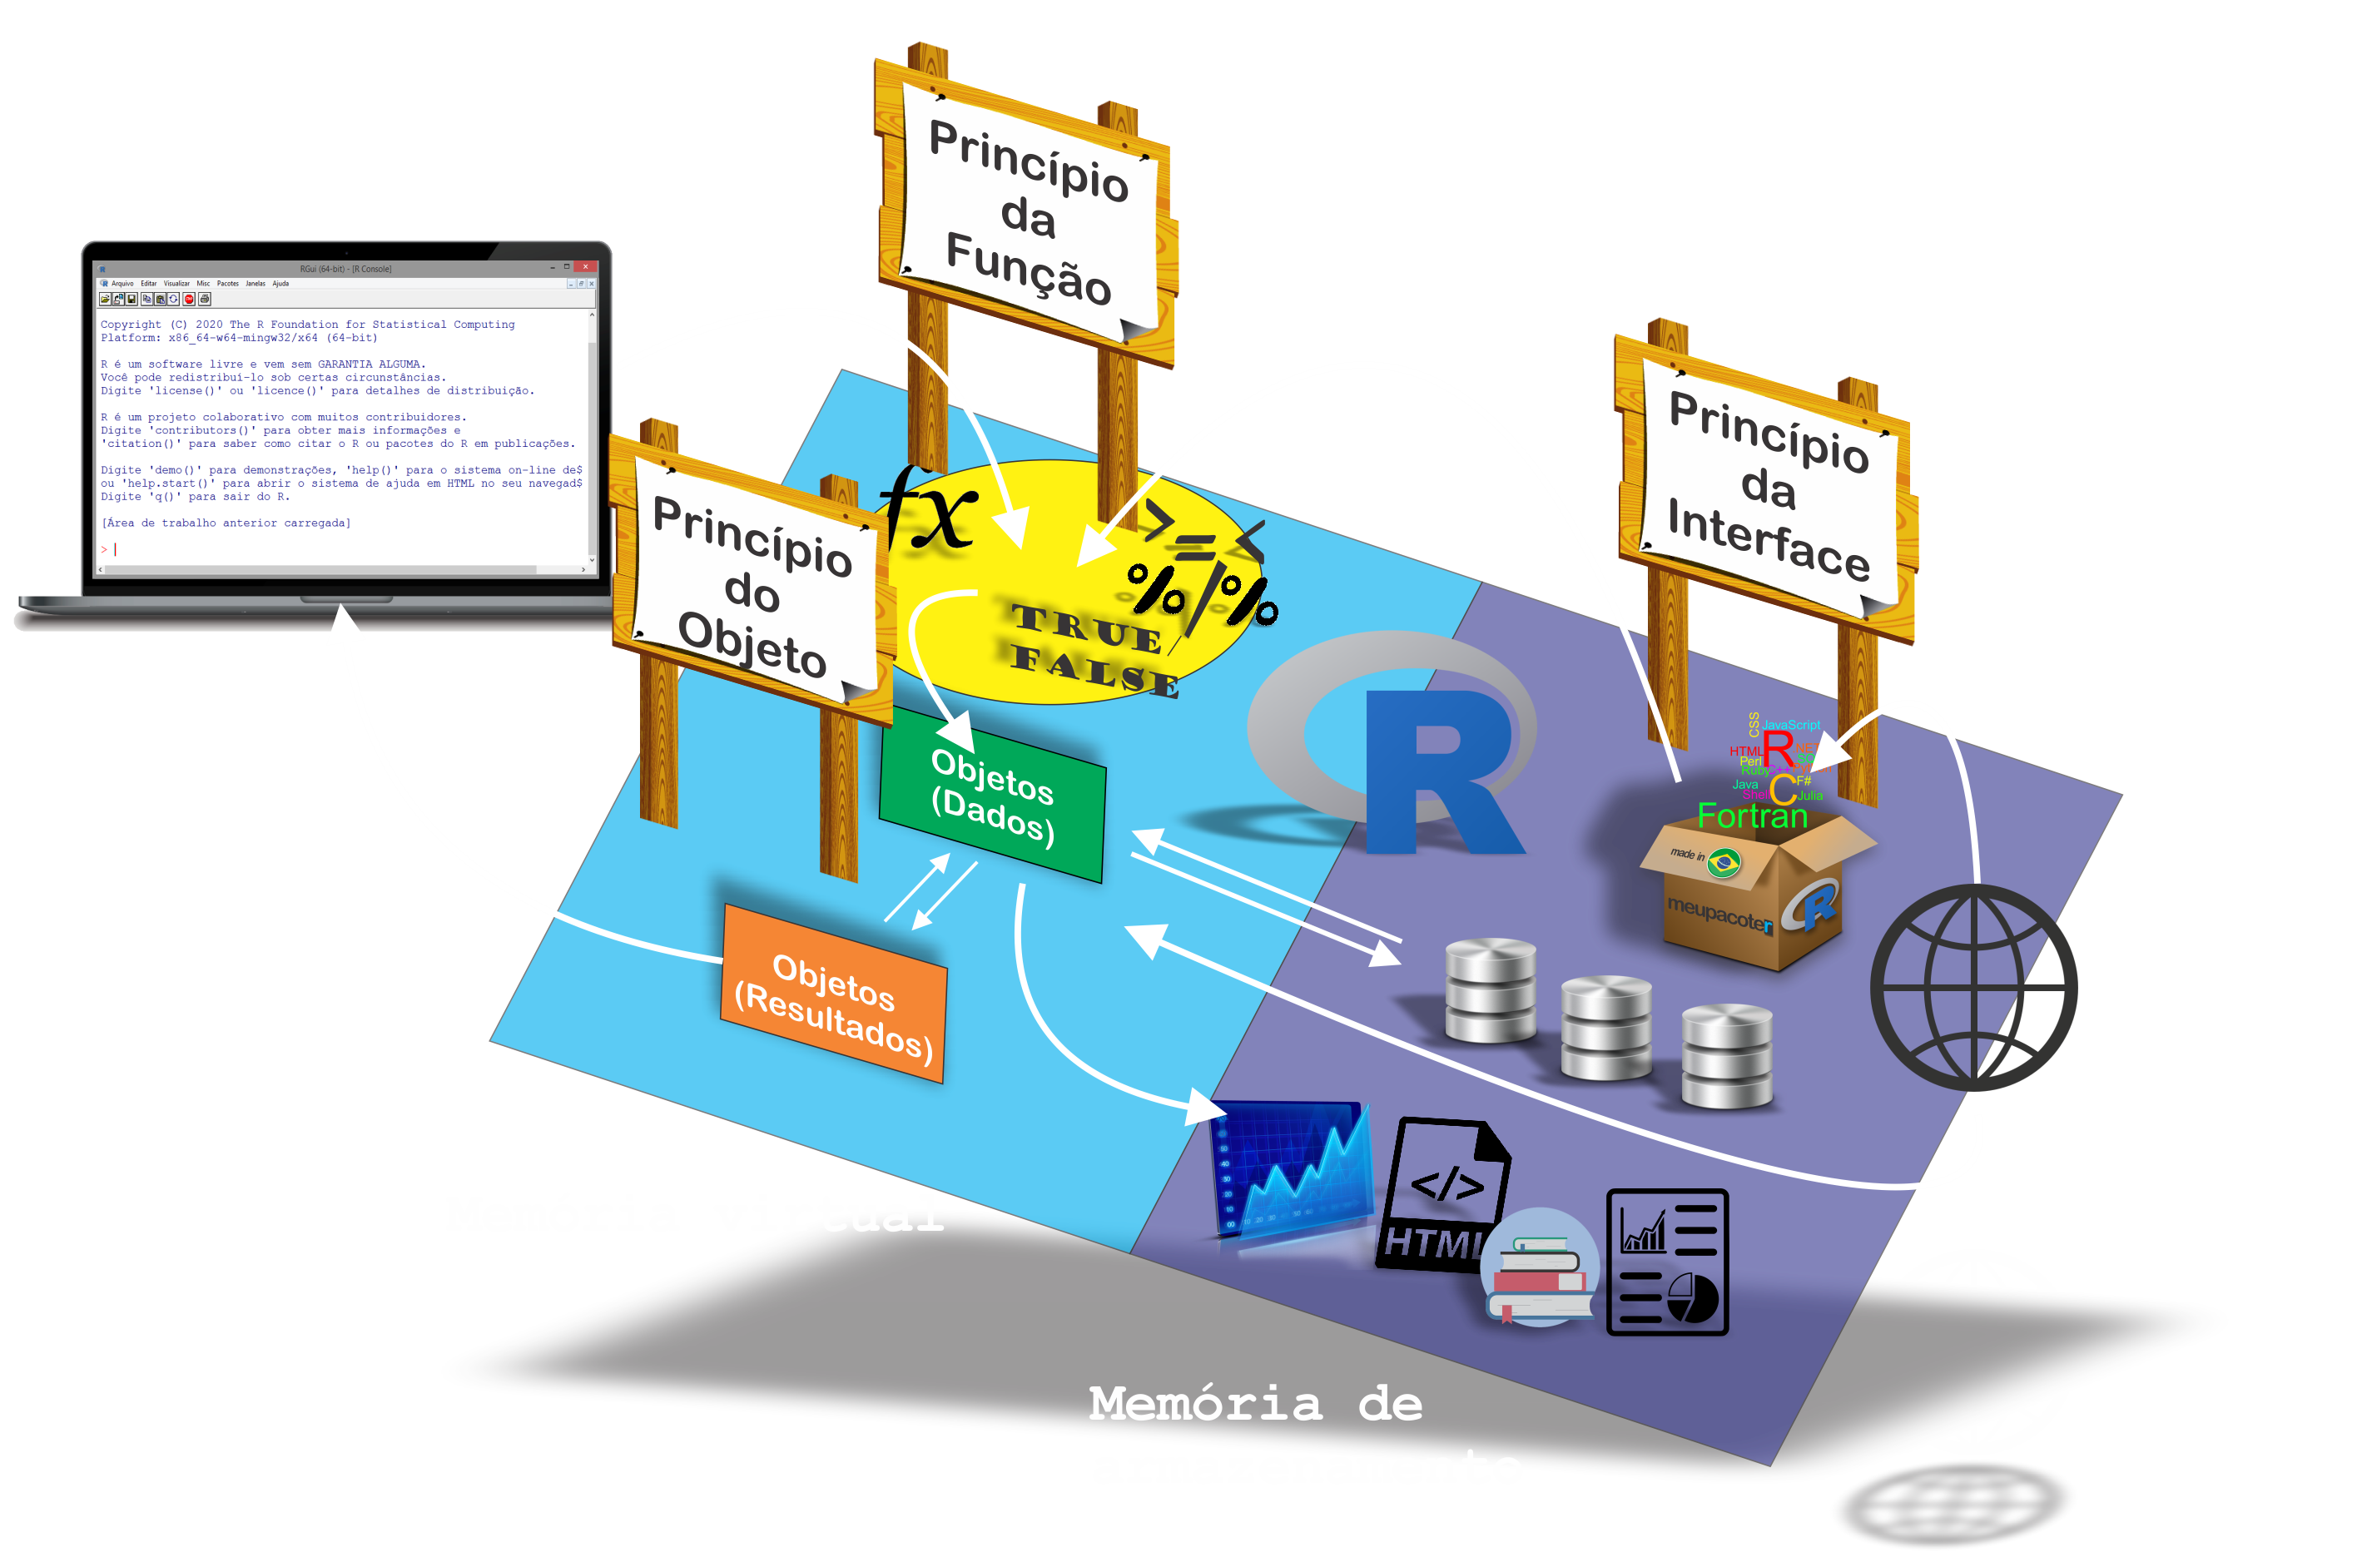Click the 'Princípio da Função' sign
pos(1029,214)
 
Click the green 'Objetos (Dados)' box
pos(992,795)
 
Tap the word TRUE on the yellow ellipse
pos(1086,627)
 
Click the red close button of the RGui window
pos(586,267)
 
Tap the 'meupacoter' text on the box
pos(1719,915)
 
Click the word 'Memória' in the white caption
pos(1205,1404)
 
